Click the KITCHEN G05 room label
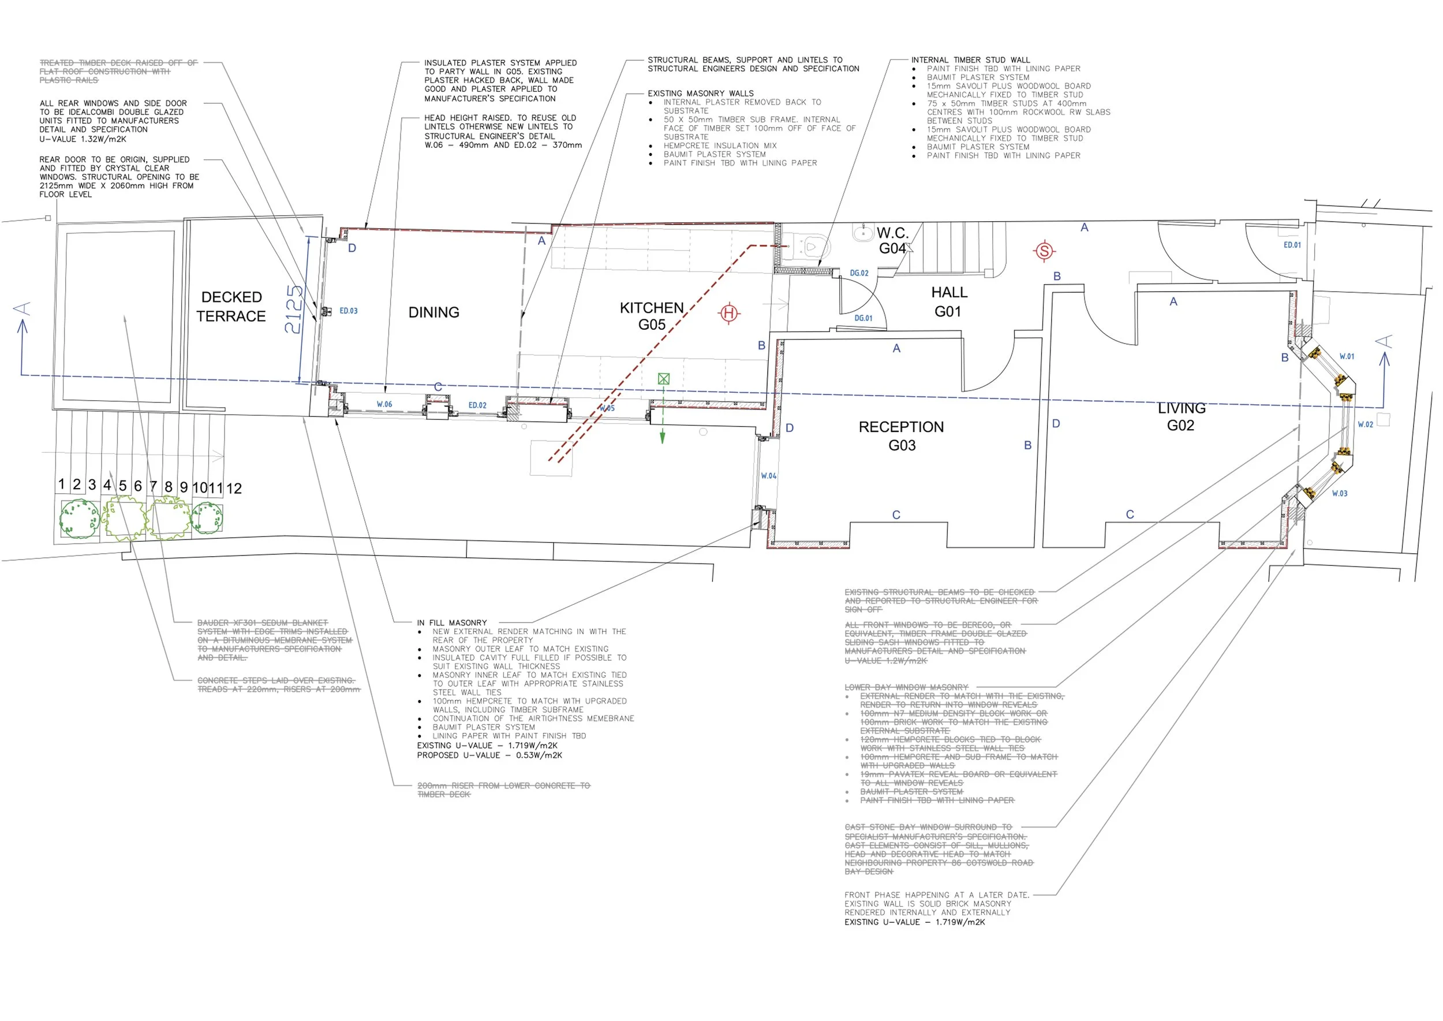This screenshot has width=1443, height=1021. pos(652,316)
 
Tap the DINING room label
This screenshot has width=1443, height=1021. pos(433,312)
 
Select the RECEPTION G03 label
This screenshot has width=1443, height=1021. pos(901,435)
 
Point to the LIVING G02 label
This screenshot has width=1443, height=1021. pos(1181,417)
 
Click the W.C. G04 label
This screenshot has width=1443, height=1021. pos(892,241)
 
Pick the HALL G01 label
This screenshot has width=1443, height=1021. pos(949,302)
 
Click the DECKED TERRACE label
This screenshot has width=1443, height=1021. pos(231,306)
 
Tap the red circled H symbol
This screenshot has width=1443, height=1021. pos(729,312)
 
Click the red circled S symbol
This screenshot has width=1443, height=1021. pos(1044,251)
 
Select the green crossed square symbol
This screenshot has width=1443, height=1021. pos(664,378)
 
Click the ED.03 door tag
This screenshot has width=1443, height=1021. pos(348,311)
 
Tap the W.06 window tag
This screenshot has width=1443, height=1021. pos(384,404)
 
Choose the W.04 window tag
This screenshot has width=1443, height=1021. pos(769,476)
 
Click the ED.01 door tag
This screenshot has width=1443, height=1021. pos(1292,245)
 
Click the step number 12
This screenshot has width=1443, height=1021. pos(234,489)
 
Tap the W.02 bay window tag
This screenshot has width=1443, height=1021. pos(1365,425)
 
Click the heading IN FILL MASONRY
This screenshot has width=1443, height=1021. pos(452,623)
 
